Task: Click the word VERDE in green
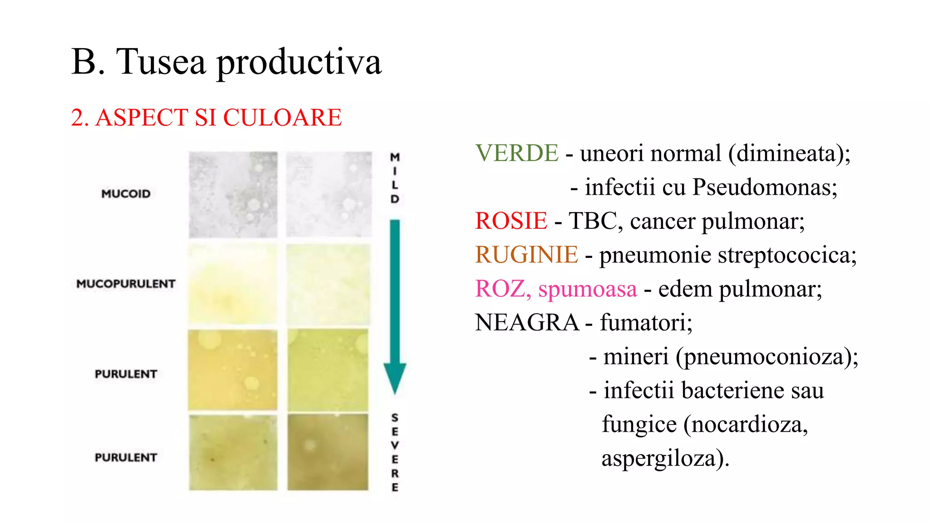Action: [x=516, y=153]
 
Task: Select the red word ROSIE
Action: [x=511, y=221]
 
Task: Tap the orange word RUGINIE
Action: [x=526, y=255]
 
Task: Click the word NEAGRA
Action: [x=527, y=323]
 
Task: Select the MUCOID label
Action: [x=126, y=194]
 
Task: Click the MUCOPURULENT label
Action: [x=126, y=284]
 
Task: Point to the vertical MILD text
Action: [x=395, y=178]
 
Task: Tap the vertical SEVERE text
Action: [x=395, y=452]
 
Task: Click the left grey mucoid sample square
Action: [x=233, y=195]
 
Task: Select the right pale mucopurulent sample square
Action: [x=328, y=284]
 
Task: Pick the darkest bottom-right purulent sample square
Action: [x=328, y=452]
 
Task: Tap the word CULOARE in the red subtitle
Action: [x=282, y=118]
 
